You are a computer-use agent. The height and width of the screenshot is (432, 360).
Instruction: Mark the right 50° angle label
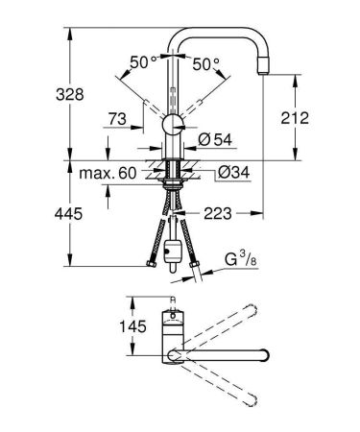(206, 62)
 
